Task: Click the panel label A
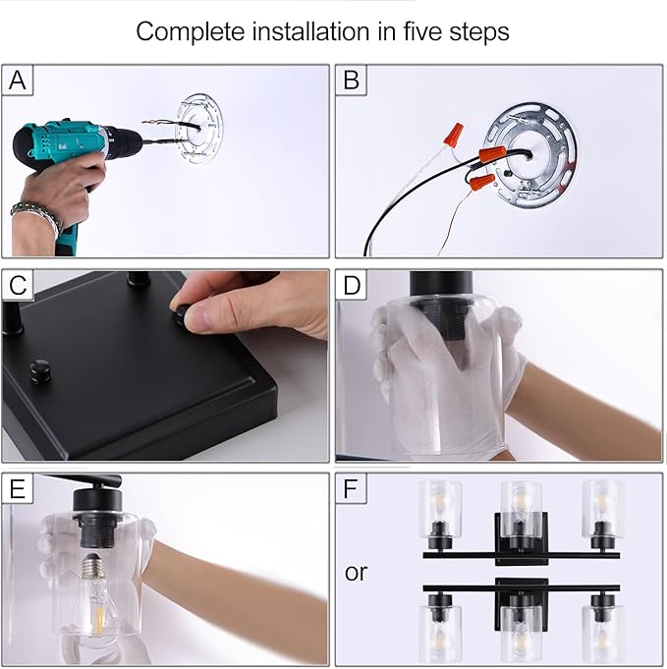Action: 17,81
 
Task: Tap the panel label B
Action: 351,81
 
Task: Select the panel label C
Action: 18,285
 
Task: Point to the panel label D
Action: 352,285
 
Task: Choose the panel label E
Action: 17,489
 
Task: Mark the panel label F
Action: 351,489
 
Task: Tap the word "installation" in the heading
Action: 310,31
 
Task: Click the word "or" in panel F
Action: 356,573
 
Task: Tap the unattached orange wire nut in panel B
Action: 454,134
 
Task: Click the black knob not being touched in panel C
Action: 40,370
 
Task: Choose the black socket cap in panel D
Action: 440,283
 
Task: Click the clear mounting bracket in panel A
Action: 199,128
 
